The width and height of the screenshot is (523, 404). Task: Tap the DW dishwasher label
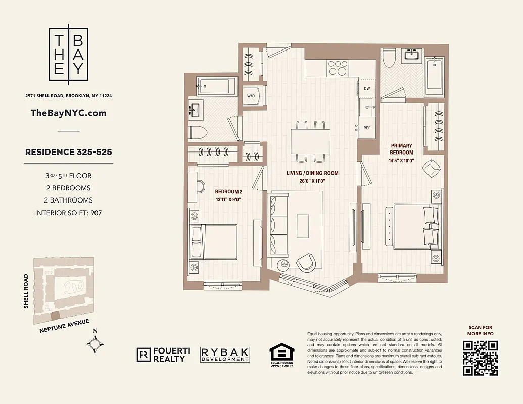point(367,89)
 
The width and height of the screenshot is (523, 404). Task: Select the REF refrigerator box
point(367,128)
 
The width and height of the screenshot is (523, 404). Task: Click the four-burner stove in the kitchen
point(338,68)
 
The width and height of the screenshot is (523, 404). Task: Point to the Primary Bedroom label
point(402,149)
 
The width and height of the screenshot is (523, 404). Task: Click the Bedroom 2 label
point(228,192)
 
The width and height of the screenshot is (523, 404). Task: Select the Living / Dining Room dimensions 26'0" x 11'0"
point(312,181)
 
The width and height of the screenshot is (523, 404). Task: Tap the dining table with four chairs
point(310,140)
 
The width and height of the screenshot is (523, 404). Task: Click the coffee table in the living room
point(303,225)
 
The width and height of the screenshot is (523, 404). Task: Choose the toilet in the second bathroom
point(198,133)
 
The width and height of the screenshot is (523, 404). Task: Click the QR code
point(480,358)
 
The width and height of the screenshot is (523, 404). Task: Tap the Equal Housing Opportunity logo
point(281,355)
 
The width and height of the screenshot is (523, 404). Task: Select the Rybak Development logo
point(225,355)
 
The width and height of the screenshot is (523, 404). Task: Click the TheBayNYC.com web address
point(69,113)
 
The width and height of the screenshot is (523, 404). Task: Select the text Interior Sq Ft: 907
point(69,213)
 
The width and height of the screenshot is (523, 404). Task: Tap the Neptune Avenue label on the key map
point(64,327)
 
